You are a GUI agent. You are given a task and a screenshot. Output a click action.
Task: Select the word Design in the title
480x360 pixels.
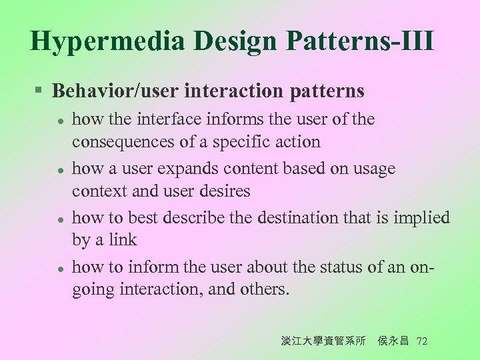[x=237, y=41]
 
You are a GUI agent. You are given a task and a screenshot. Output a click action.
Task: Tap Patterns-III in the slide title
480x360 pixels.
[x=360, y=41]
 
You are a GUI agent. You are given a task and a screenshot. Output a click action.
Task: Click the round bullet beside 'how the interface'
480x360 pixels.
[x=60, y=121]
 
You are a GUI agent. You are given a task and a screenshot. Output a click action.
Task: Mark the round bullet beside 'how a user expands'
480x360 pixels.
[x=60, y=170]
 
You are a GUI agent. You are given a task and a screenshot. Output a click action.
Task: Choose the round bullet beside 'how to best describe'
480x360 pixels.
[x=60, y=219]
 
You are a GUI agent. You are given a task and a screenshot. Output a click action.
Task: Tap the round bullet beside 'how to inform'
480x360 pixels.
[x=60, y=268]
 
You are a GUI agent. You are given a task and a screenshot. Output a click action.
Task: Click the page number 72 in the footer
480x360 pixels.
[x=421, y=341]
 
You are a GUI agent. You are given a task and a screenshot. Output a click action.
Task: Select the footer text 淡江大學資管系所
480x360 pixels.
[x=323, y=341]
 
